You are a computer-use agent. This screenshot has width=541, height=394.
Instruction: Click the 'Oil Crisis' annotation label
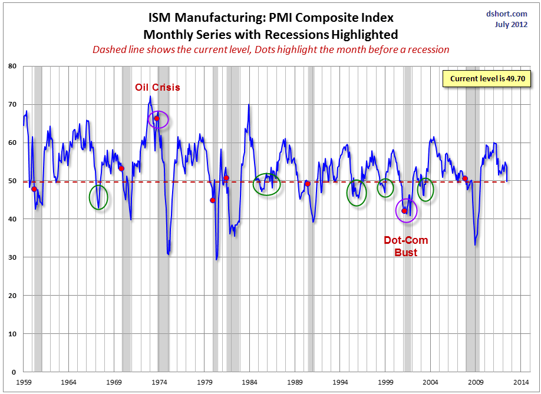pos(157,87)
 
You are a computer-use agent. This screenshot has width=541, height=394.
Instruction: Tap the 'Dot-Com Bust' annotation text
pos(405,246)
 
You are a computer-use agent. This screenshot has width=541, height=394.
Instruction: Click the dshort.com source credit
pos(507,14)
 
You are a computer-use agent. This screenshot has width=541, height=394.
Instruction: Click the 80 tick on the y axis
pos(12,66)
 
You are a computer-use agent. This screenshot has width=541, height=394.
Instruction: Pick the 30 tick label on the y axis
pos(12,257)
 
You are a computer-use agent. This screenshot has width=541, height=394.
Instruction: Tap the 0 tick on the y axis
pos(14,372)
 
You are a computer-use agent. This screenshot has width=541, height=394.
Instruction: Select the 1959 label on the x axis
pos(24,382)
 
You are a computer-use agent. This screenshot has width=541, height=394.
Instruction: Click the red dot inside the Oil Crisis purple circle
pos(157,118)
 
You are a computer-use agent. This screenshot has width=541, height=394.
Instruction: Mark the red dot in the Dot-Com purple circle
pos(404,211)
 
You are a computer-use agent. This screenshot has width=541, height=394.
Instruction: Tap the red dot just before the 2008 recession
pos(465,178)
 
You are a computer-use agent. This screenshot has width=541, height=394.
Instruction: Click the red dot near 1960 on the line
pos(34,189)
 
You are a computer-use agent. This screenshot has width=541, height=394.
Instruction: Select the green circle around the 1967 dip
pos(98,197)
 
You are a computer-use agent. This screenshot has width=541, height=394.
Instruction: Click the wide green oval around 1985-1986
pos(267,184)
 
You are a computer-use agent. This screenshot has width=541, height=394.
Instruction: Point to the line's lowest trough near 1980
pos(217,259)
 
